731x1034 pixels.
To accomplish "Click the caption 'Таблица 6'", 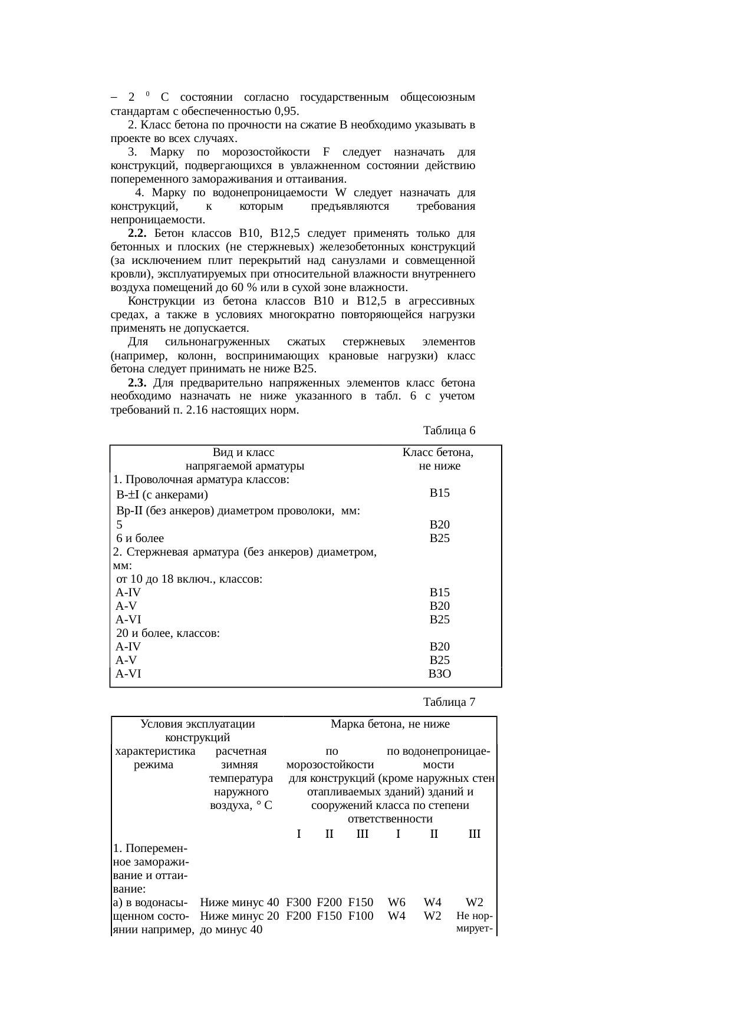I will [x=449, y=430].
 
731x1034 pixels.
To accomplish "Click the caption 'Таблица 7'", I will [x=449, y=702].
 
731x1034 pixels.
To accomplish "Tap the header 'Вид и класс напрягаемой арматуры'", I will [x=244, y=460].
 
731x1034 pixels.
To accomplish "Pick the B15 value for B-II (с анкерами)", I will [x=440, y=493].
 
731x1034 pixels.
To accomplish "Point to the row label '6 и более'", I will [x=140, y=538].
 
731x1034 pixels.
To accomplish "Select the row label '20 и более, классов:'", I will [x=168, y=633].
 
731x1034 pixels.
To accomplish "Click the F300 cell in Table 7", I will [x=298, y=902].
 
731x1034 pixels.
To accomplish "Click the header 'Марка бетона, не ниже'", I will [x=390, y=724].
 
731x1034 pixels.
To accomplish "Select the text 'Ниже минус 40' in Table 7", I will [x=239, y=902].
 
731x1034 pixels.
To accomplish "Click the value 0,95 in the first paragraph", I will [x=285, y=111].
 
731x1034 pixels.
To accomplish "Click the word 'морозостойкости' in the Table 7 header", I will [x=330, y=765].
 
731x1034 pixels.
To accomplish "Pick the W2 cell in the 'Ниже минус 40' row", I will [x=475, y=902].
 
